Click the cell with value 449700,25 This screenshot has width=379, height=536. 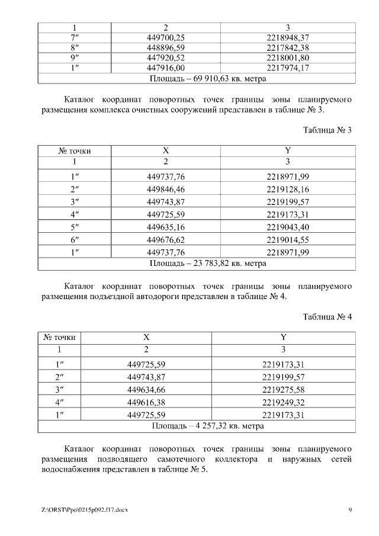166,37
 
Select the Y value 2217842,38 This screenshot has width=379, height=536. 288,47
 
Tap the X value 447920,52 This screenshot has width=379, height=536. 166,57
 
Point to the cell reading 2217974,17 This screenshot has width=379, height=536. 288,68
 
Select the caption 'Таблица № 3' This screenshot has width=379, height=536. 327,130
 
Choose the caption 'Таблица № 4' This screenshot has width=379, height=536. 327,317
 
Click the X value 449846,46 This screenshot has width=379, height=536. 166,189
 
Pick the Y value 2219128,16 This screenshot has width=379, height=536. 288,189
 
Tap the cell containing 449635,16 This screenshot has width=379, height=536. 166,227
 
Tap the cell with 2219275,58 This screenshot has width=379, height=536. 283,389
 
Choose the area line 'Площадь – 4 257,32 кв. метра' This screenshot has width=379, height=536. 208,425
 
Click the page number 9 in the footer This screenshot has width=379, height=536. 350,510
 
